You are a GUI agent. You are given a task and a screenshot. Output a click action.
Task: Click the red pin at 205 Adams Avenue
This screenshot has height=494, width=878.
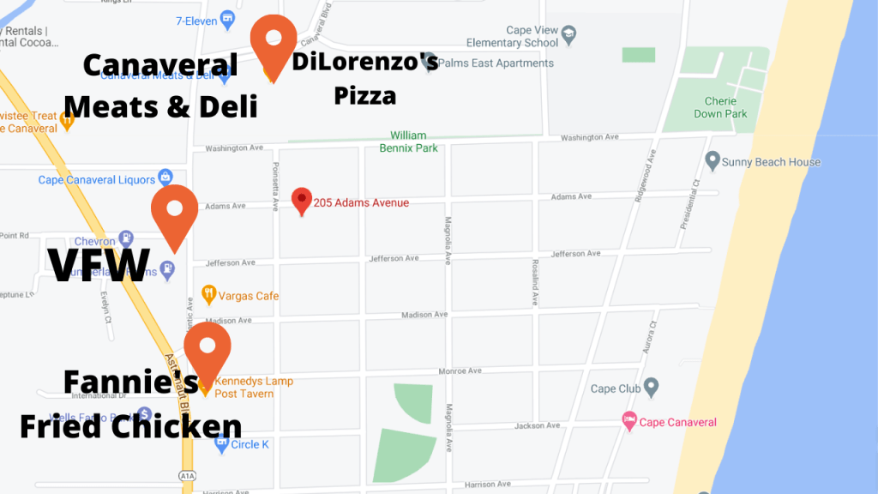click(301, 201)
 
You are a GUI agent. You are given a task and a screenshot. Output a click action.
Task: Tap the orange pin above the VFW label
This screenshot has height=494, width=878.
click(174, 213)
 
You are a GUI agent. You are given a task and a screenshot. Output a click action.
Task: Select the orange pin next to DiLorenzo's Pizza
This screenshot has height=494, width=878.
click(274, 43)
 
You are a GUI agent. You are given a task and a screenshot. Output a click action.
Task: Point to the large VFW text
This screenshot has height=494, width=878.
click(99, 265)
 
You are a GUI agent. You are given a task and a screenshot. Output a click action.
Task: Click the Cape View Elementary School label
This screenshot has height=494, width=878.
click(512, 36)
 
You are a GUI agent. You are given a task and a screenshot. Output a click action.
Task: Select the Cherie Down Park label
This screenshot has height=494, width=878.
click(720, 107)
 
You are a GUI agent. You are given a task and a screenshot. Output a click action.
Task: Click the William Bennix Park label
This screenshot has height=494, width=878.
click(408, 142)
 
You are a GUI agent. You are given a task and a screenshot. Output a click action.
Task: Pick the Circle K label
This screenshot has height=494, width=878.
click(250, 444)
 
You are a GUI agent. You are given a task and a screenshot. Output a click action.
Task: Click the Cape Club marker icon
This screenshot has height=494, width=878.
click(651, 388)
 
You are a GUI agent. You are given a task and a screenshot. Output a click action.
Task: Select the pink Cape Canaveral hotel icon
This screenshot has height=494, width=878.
click(629, 421)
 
